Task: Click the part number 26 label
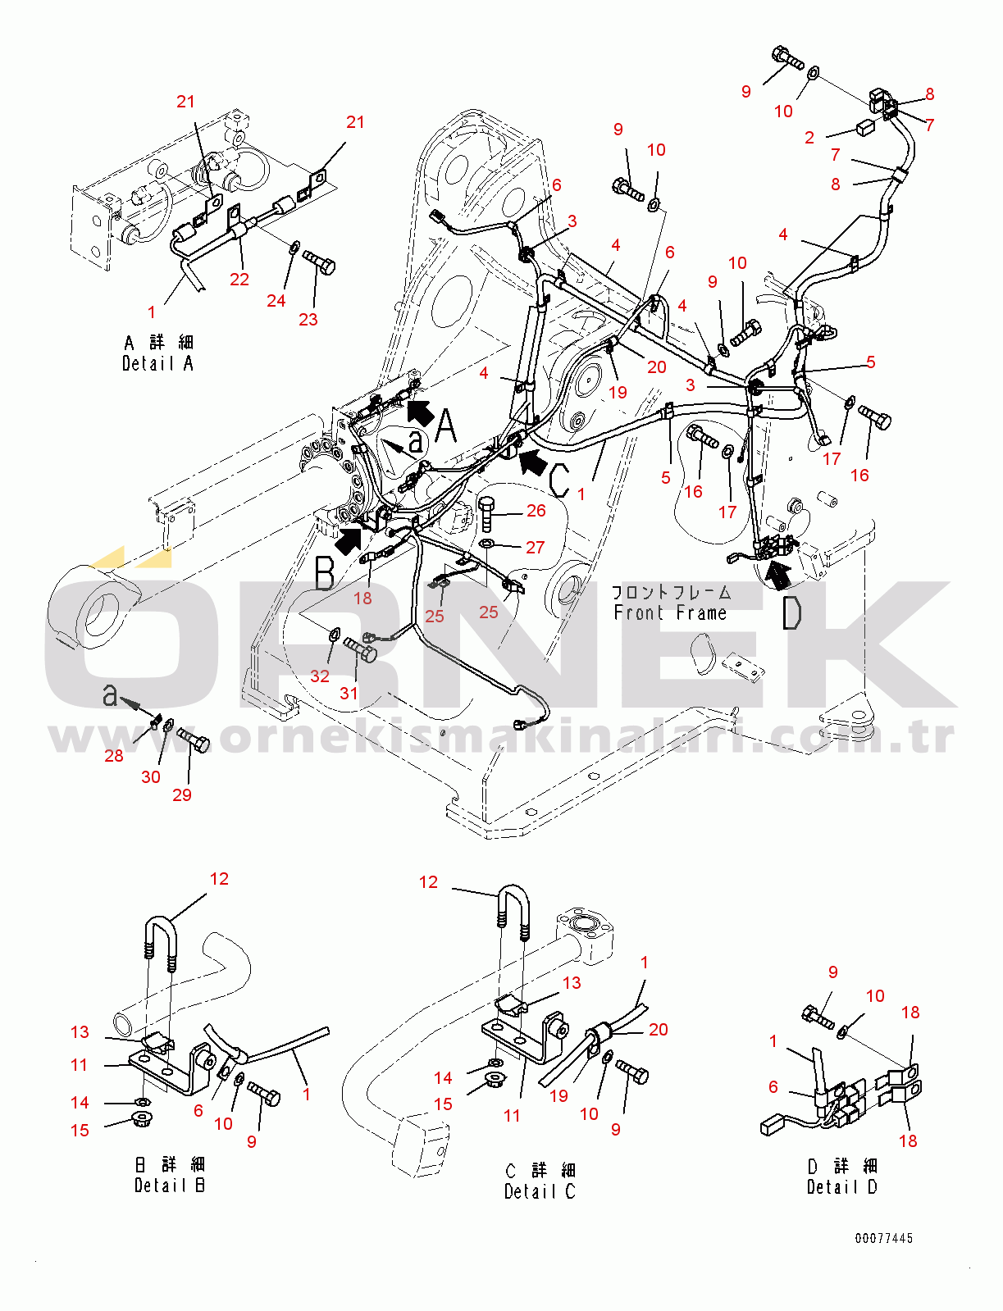[x=536, y=511]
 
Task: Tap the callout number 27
[x=535, y=547]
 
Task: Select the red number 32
[x=319, y=676]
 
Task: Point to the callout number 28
[x=113, y=755]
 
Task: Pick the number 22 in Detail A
[x=239, y=279]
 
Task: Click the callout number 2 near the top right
[x=809, y=138]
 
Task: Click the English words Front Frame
[x=670, y=612]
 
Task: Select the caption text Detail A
[x=157, y=363]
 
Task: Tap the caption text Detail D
[x=841, y=1186]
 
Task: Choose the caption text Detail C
[x=540, y=1191]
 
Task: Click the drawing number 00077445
[x=883, y=1238]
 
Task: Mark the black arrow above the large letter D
[x=777, y=573]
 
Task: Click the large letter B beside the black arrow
[x=325, y=573]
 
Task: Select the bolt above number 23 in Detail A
[x=319, y=262]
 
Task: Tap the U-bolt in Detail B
[x=161, y=943]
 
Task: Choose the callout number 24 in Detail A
[x=276, y=301]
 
